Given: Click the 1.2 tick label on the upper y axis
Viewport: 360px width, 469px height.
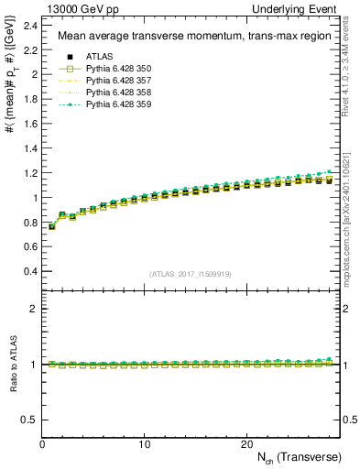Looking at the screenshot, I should point(29,172).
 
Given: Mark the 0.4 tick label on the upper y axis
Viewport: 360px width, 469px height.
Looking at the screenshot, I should point(29,271).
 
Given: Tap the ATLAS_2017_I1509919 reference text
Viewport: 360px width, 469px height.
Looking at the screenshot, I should point(191,274).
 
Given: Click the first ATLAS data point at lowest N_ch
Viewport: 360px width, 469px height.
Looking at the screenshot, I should point(52,226).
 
